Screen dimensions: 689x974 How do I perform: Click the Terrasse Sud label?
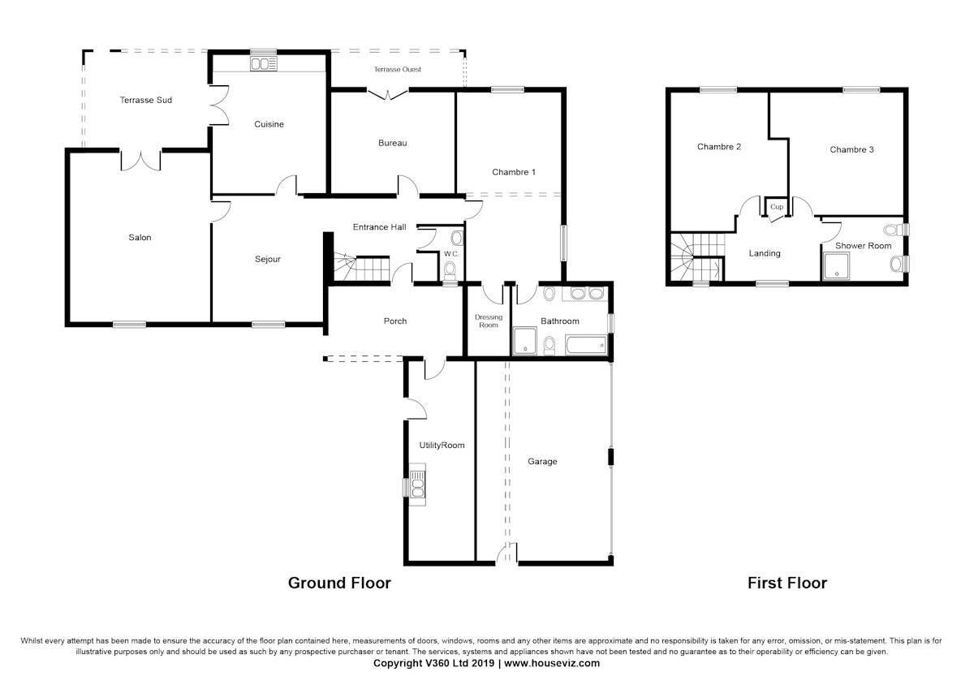(145, 100)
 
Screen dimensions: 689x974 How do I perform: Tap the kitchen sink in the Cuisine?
(264, 64)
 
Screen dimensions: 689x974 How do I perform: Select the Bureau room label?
(392, 143)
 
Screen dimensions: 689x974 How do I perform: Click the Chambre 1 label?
(514, 172)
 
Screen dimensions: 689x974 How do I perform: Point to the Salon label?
(140, 238)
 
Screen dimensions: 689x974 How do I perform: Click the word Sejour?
(268, 260)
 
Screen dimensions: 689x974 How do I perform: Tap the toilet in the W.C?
(450, 269)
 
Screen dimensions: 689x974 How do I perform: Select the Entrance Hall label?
(379, 227)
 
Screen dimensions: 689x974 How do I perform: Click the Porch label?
(395, 321)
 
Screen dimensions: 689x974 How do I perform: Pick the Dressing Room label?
(489, 321)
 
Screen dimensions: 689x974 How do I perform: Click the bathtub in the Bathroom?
(584, 346)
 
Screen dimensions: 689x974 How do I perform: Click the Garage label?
(542, 462)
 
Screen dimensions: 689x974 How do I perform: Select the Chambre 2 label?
(719, 147)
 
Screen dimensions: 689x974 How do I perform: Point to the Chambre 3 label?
(851, 149)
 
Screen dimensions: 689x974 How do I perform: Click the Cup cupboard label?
(777, 207)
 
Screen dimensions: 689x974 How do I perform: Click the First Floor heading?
(787, 583)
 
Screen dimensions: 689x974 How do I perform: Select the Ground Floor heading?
(339, 583)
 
